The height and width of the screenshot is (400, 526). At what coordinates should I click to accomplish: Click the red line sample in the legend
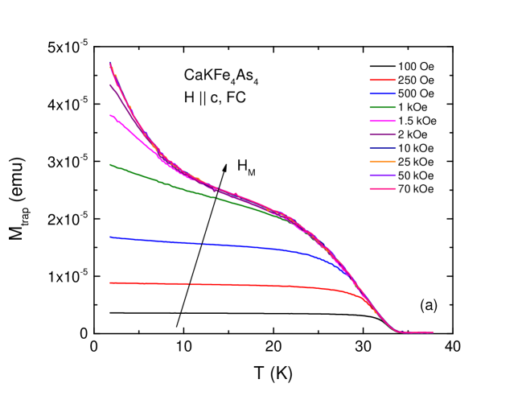point(383,80)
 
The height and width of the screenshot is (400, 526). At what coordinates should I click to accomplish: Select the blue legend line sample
point(383,94)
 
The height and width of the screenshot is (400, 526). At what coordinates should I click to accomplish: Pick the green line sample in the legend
point(383,107)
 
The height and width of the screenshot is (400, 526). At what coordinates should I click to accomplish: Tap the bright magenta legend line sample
point(383,121)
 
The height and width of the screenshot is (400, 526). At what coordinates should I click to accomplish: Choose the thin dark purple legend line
point(383,134)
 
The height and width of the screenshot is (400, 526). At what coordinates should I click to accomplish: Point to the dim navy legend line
point(383,148)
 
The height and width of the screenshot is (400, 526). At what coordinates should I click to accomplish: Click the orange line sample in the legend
point(383,162)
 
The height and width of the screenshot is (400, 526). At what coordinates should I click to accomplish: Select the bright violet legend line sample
point(383,175)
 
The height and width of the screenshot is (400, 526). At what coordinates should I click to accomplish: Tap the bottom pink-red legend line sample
point(383,189)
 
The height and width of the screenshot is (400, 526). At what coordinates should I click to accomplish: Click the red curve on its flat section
point(217,284)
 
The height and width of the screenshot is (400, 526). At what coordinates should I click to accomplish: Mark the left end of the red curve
point(110,282)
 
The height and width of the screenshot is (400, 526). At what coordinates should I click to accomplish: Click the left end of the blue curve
point(110,237)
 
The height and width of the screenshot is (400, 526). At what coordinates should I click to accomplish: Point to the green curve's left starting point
point(110,165)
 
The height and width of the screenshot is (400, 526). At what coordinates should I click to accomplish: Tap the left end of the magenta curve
point(110,116)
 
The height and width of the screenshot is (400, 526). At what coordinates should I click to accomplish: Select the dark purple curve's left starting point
point(110,85)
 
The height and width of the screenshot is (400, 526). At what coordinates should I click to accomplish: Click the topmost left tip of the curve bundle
point(110,64)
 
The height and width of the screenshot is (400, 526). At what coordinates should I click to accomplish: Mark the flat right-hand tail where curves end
point(418,332)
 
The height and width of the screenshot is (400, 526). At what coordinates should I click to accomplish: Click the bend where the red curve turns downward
point(350,294)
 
